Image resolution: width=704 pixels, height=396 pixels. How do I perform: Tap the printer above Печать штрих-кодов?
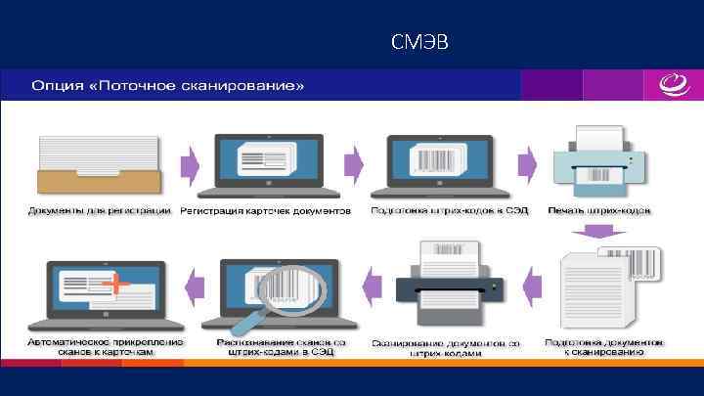point(598,160)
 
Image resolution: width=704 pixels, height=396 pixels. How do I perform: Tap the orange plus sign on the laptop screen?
point(118,284)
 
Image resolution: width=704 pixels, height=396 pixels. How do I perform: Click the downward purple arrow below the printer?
point(597,233)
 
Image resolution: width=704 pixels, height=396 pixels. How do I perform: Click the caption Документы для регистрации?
point(99,211)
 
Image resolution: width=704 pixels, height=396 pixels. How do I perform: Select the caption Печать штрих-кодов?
point(599,211)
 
